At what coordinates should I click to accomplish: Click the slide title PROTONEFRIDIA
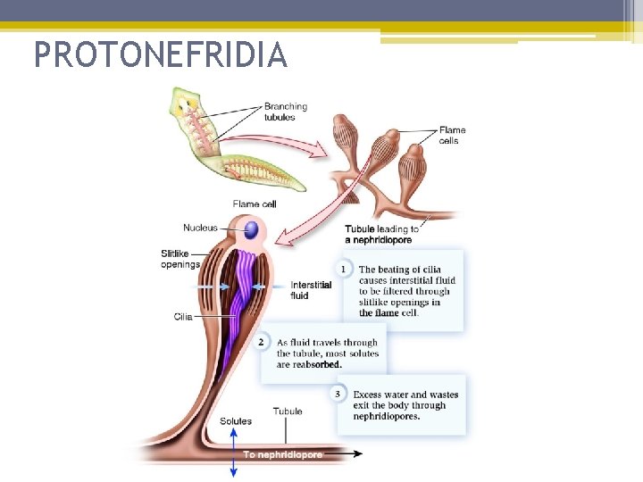point(161,55)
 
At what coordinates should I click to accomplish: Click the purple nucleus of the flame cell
point(252,230)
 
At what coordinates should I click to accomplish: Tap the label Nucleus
point(200,228)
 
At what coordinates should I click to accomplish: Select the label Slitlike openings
point(180,258)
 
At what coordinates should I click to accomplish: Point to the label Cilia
point(183,316)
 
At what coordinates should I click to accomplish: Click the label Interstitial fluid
point(311,290)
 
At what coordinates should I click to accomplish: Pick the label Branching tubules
point(285,112)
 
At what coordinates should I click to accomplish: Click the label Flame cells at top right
point(452,135)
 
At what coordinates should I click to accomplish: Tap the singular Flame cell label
point(255,204)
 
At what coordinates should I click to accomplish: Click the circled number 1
point(343,269)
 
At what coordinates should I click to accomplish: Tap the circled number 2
point(262,342)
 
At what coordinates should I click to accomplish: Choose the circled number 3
point(338,394)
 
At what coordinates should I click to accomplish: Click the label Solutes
point(235,421)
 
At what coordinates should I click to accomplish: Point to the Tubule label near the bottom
point(288,411)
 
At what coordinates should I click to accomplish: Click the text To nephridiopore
point(282,454)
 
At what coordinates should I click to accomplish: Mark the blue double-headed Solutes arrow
point(234,452)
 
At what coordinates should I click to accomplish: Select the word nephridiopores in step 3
point(386,416)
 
